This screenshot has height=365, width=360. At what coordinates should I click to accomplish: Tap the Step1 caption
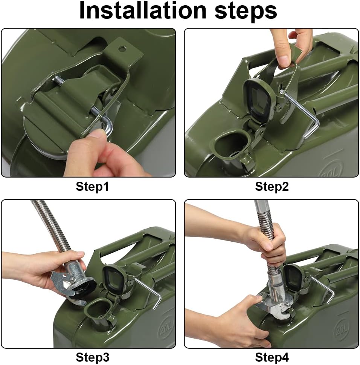[x=92, y=186]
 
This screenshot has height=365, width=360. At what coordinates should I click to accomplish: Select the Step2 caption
[x=272, y=186]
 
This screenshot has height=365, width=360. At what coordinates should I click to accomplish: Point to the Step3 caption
[x=92, y=357]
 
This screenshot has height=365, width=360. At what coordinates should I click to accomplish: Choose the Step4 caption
[x=272, y=357]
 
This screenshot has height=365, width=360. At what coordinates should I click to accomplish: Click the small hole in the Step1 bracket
[x=122, y=49]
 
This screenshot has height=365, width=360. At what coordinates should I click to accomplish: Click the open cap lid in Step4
[x=293, y=277]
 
